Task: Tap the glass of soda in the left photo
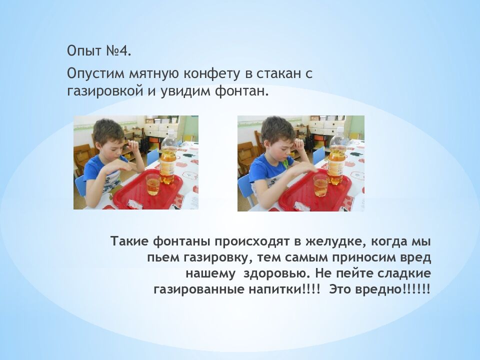153,184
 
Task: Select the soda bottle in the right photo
337,157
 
